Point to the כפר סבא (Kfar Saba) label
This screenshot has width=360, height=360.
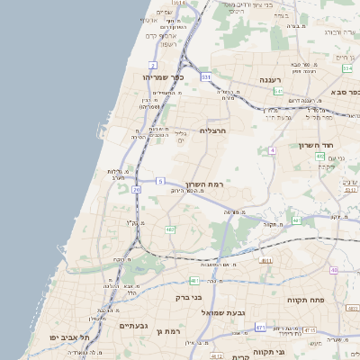pyautogui.click(x=343, y=91)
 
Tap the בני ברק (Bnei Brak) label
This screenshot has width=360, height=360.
pyautogui.click(x=188, y=295)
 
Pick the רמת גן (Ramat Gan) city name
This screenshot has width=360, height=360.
pyautogui.click(x=168, y=331)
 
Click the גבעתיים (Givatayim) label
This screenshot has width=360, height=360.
pyautogui.click(x=132, y=325)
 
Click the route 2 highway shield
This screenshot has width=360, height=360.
pyautogui.click(x=153, y=65)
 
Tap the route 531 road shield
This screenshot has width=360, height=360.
pyautogui.click(x=206, y=77)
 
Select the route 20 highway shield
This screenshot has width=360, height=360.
pyautogui.click(x=136, y=190)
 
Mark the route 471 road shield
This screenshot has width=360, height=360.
pyautogui.click(x=260, y=328)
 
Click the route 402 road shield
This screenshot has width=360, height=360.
pyautogui.click(x=319, y=157)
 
